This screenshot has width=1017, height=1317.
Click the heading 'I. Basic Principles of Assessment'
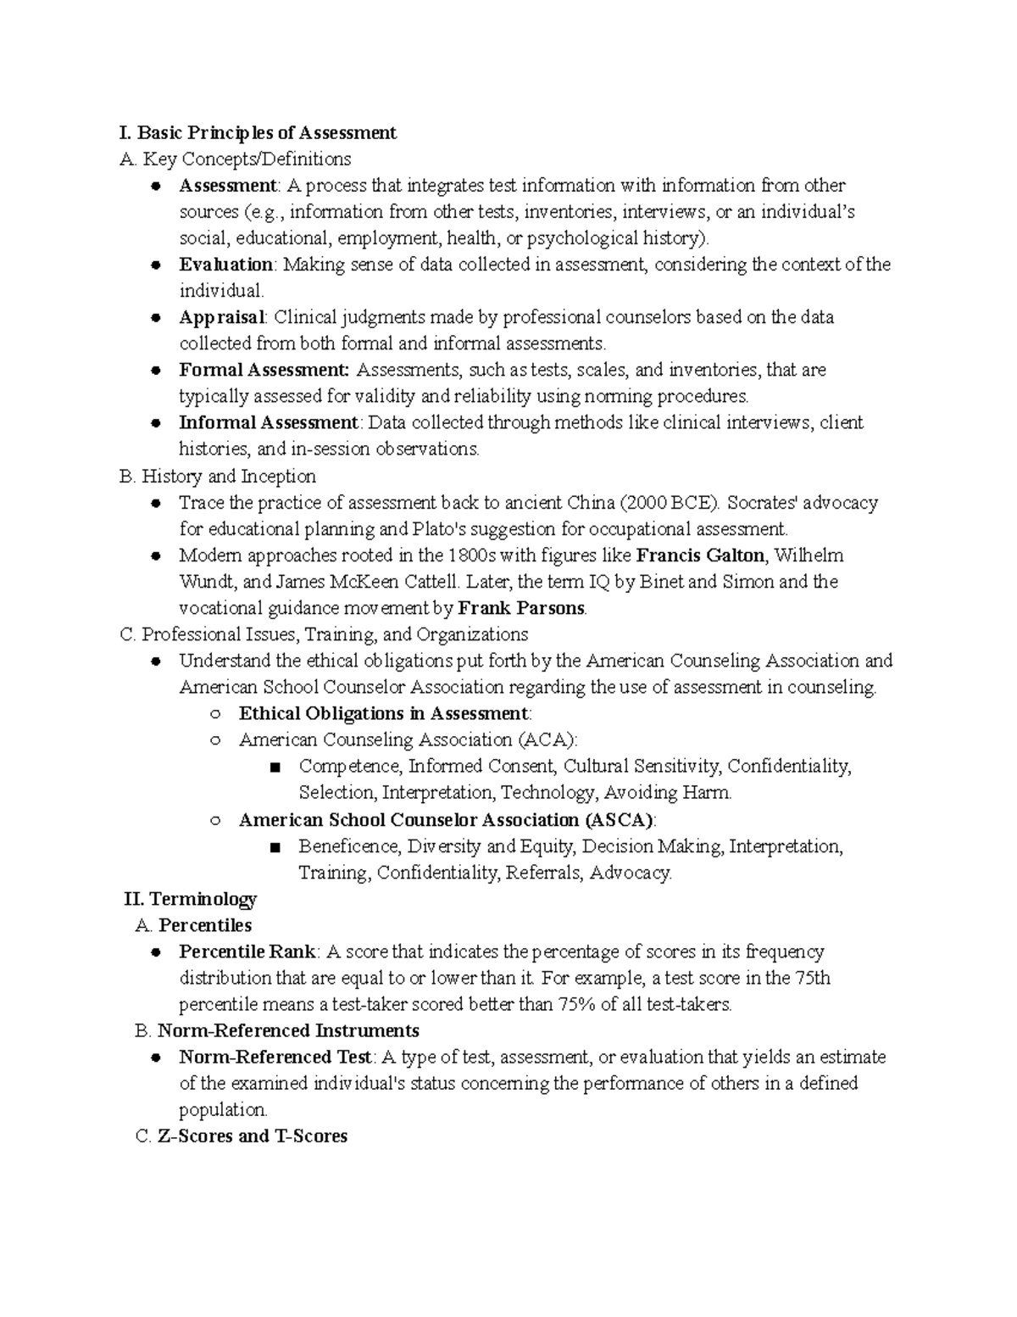point(258,133)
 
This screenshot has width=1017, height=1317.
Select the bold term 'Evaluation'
point(225,265)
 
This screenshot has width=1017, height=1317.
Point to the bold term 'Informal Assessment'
point(268,422)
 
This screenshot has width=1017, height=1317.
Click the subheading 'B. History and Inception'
point(218,476)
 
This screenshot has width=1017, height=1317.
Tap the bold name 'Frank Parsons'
point(520,608)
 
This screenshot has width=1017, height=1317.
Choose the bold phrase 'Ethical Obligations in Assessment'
point(383,713)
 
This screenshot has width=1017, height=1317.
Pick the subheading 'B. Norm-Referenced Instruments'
point(277,1031)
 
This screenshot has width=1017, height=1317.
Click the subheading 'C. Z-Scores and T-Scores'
point(242,1136)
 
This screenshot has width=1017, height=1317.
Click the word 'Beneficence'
point(347,846)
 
